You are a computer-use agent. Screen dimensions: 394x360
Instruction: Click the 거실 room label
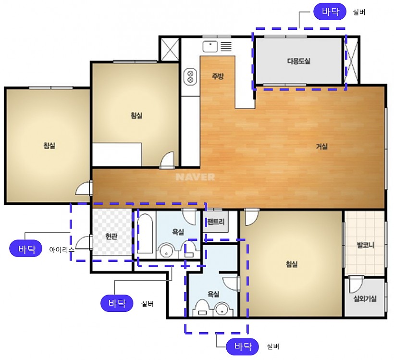321,146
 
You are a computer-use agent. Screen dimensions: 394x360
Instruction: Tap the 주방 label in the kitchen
218,76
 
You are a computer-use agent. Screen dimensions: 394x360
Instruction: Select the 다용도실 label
298,61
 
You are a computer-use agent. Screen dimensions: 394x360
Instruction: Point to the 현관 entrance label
111,236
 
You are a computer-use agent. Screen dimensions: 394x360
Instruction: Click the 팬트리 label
216,222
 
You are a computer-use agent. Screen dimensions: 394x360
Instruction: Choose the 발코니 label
365,245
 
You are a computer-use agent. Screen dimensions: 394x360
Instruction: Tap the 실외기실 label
365,298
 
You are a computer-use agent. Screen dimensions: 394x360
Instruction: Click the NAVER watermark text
195,177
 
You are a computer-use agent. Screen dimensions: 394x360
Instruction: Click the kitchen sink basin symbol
210,47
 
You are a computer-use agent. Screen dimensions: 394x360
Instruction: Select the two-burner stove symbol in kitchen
190,77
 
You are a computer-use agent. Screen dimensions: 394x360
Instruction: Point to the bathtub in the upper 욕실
145,233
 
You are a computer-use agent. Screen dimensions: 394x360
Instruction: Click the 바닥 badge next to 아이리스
25,249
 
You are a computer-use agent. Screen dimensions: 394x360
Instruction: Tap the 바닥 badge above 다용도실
330,12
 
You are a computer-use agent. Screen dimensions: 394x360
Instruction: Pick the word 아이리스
62,249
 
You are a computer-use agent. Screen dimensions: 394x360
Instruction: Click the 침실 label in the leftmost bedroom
49,146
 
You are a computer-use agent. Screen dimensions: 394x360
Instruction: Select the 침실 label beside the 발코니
292,264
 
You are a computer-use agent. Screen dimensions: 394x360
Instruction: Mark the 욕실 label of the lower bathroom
213,294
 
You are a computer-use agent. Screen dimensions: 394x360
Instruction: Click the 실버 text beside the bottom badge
273,347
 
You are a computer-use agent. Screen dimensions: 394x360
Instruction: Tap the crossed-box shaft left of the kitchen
170,50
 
